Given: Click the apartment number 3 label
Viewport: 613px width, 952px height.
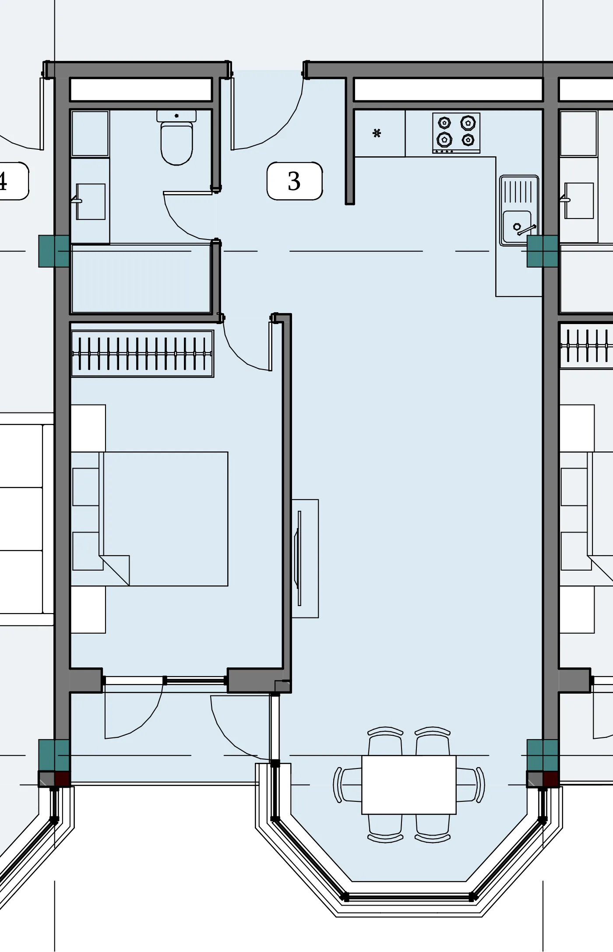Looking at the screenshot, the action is (295, 181).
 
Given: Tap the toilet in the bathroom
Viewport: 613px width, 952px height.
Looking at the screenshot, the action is (176, 138).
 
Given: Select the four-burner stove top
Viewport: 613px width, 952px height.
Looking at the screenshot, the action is (456, 133).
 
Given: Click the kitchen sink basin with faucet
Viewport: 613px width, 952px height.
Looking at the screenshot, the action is (519, 210).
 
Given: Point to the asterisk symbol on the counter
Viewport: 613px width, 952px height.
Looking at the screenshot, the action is (377, 133).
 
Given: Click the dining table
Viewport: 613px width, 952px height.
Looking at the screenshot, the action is (409, 785).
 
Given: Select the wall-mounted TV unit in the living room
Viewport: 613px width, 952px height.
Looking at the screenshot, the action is (305, 558).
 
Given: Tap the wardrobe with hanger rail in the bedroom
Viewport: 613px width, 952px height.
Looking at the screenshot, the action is (142, 353).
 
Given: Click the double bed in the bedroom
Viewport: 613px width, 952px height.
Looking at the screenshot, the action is (149, 519).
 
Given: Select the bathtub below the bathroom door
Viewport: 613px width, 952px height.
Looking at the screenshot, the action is (141, 279).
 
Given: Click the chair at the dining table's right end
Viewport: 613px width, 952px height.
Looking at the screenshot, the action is (471, 785).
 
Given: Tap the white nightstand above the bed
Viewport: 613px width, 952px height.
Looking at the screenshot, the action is (88, 428).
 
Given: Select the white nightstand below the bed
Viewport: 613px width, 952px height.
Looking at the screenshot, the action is (88, 610).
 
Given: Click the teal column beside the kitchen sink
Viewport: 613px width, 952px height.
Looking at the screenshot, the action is (543, 251).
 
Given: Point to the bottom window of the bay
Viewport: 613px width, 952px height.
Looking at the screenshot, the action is (409, 897).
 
